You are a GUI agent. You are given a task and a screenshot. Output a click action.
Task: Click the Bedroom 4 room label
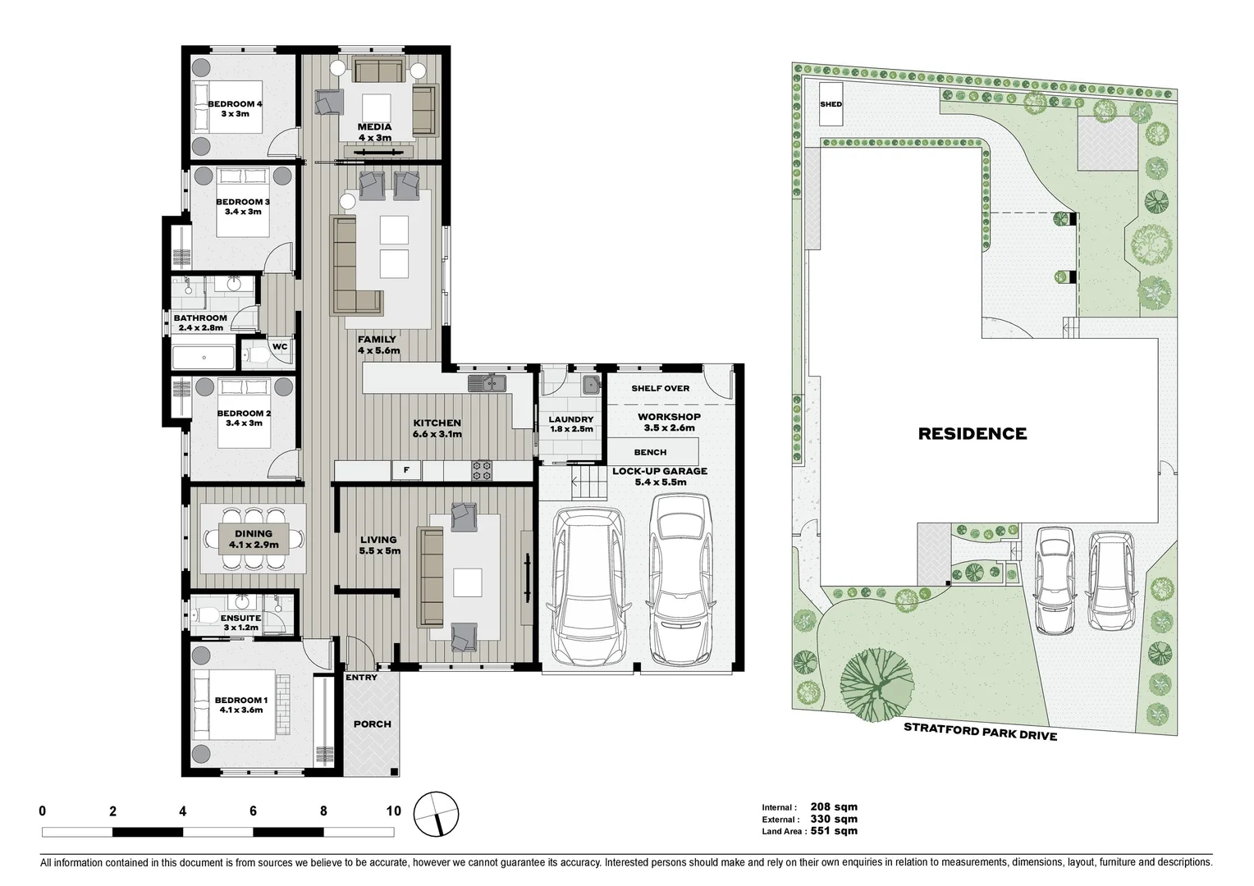235,108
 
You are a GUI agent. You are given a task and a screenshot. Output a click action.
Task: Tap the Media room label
374,132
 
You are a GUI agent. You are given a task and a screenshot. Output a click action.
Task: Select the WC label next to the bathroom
280,346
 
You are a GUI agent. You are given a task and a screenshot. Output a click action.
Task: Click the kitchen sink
487,383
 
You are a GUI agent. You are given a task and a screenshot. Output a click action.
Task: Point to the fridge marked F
405,470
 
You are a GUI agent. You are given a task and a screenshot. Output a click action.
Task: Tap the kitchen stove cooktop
482,470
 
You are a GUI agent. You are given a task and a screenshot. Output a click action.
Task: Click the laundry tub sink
590,384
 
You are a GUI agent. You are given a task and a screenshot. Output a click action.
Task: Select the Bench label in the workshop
650,452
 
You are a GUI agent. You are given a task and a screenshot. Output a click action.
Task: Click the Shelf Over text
660,388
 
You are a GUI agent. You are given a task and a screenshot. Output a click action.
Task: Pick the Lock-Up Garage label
660,477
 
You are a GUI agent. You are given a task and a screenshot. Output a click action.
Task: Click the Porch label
372,724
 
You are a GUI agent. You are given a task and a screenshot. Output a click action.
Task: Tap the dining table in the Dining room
253,539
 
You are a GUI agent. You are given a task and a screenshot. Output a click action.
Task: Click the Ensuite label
241,622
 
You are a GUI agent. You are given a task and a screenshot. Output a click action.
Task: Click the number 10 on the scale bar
393,811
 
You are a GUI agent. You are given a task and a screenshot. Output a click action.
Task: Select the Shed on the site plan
831,104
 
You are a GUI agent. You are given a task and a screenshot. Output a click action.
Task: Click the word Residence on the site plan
972,433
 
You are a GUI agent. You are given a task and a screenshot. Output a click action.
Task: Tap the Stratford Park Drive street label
980,730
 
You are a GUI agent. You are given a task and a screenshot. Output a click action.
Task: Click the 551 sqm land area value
834,831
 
